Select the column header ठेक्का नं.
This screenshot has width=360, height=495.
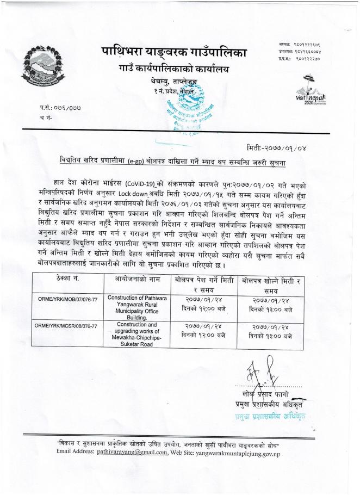click(x=67, y=279)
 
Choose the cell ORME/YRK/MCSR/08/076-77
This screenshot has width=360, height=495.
click(x=67, y=326)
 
